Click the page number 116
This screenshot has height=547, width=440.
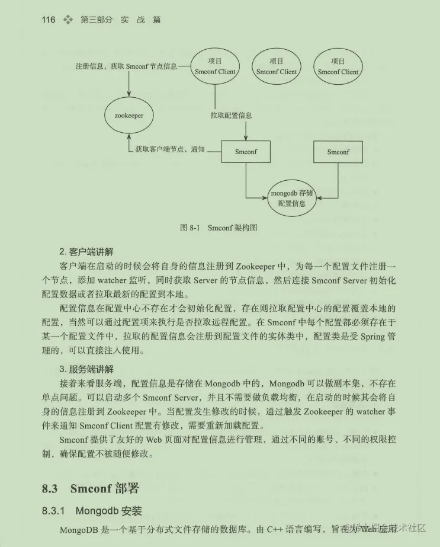coord(49,20)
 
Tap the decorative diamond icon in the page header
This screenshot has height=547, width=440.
coord(68,20)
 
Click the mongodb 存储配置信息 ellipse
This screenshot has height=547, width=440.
coord(291,198)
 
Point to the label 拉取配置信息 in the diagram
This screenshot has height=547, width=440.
coord(231,116)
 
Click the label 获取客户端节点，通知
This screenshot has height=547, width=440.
coord(169,149)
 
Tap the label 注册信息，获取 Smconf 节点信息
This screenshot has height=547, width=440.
coord(126,66)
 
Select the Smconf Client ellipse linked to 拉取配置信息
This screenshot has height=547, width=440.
coord(215,66)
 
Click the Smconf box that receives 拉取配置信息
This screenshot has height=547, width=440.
coord(246,152)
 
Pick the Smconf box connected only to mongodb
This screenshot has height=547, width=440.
coord(338,152)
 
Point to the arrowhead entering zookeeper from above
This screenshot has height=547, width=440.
coord(129,93)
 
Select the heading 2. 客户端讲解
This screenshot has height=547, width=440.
coord(86,251)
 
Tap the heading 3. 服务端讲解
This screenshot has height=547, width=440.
coord(86,369)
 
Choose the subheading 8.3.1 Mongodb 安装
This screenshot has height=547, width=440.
coord(92,510)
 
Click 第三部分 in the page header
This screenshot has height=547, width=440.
coord(96,20)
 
